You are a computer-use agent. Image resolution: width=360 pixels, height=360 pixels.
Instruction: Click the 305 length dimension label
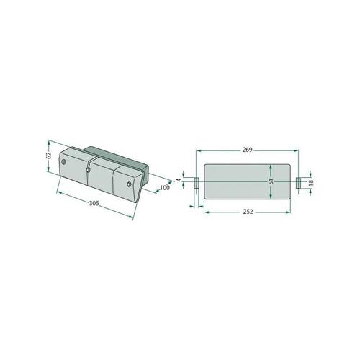coord(94,203)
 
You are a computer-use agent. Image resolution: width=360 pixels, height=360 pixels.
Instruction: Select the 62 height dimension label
coord(49,156)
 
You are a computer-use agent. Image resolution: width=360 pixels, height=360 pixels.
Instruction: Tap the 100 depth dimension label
coord(165,188)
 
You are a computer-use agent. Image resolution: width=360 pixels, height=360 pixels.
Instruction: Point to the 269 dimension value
coord(247,150)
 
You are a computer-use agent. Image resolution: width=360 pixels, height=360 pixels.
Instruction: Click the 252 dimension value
coord(248,212)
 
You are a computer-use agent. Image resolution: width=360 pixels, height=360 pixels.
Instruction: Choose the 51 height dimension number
coord(271,181)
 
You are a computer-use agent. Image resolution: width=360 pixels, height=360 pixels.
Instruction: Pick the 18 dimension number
coord(311,183)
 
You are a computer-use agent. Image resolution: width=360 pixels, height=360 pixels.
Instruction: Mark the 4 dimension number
coord(179,180)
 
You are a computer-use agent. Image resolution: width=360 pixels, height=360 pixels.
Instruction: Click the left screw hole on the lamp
coord(63,162)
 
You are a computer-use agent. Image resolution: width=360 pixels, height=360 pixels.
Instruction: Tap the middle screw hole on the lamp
coord(88,170)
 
